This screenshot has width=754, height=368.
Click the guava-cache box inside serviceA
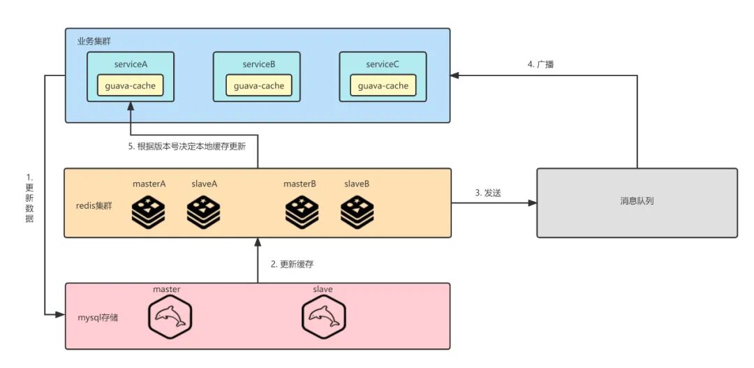coord(131,86)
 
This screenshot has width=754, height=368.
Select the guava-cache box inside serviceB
coord(259,86)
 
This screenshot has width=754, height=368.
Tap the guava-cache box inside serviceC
coord(383,86)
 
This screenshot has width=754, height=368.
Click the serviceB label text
coord(259,64)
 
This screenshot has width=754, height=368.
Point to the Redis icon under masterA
coord(148,212)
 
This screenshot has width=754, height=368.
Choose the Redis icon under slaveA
coord(203,212)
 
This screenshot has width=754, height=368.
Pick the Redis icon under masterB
coord(302,212)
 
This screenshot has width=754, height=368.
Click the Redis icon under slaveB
coord(357,212)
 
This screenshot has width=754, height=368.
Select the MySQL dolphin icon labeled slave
coord(324,316)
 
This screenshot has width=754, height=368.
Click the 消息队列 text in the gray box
coord(637,202)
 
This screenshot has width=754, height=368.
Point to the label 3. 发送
coord(488,193)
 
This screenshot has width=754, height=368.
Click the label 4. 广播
coord(540,64)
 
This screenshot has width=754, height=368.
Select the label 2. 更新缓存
coord(292,264)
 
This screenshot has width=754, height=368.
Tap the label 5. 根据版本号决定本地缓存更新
coord(187,147)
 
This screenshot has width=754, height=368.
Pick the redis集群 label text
coord(94,206)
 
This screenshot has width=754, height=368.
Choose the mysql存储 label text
coord(98,318)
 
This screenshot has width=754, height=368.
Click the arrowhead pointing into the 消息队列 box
coord(532,203)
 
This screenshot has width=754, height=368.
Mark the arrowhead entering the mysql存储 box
coord(61,315)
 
